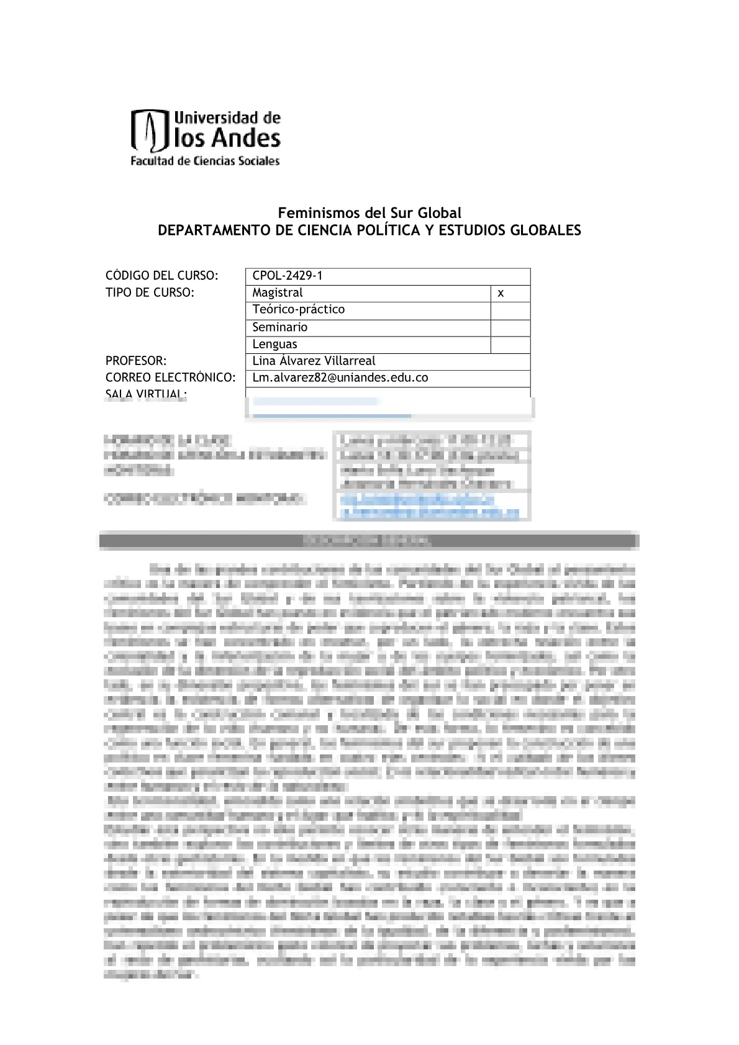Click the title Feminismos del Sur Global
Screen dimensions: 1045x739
point(369,213)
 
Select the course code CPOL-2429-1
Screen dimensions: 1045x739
point(287,276)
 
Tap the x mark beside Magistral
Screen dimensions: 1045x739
point(501,293)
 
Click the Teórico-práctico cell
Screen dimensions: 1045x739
point(298,309)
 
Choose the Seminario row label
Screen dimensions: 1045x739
point(279,327)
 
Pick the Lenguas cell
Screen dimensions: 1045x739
point(274,344)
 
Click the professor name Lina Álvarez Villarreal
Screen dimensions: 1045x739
point(314,361)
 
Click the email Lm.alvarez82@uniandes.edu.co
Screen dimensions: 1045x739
point(340,378)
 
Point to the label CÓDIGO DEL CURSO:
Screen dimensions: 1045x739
point(161,276)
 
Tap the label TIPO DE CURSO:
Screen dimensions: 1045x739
point(150,292)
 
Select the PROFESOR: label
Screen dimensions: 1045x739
point(136,361)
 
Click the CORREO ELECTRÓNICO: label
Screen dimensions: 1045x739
point(170,378)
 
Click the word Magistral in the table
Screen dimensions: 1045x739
point(277,292)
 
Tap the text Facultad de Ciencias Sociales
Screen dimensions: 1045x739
point(205,161)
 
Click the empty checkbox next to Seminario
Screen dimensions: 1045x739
point(510,328)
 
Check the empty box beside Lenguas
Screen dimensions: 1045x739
point(510,345)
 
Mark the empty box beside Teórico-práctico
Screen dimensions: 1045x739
point(510,310)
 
